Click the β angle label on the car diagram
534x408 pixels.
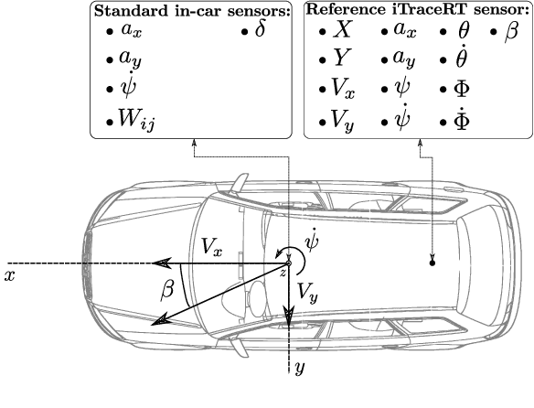(167, 289)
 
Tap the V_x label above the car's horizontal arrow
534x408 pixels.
(210, 246)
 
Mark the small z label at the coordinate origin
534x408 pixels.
(283, 274)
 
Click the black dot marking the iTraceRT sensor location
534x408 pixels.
(433, 263)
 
